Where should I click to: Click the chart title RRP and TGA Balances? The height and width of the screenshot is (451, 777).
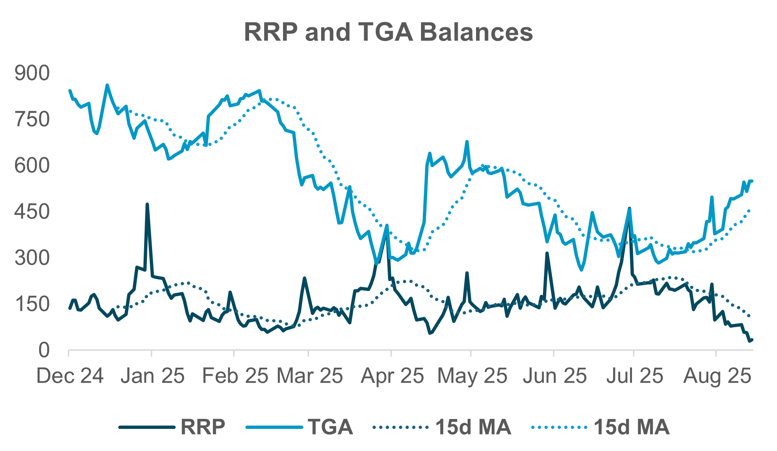point(388,32)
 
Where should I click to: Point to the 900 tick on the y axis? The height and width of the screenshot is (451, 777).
point(32,73)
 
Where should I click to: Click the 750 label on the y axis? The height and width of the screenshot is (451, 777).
point(32,119)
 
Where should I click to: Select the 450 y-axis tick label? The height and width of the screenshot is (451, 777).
point(32,211)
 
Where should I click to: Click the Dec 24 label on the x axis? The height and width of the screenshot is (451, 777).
point(70,376)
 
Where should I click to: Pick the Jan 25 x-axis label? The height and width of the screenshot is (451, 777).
point(152,376)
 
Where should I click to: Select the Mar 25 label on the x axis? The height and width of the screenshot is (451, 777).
point(309,376)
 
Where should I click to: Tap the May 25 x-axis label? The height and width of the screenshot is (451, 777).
point(472,376)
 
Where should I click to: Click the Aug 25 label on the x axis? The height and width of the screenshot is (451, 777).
point(717,376)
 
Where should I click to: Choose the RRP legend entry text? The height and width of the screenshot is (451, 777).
point(203,427)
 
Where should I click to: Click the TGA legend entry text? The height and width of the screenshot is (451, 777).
point(330,427)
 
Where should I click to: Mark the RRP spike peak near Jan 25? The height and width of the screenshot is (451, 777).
point(147,205)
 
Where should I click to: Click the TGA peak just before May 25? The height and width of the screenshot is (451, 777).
point(467,142)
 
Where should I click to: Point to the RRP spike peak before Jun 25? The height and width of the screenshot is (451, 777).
point(547,253)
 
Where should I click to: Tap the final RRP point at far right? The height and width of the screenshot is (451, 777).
point(752,339)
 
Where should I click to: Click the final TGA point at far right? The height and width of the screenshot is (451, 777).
point(752,181)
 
